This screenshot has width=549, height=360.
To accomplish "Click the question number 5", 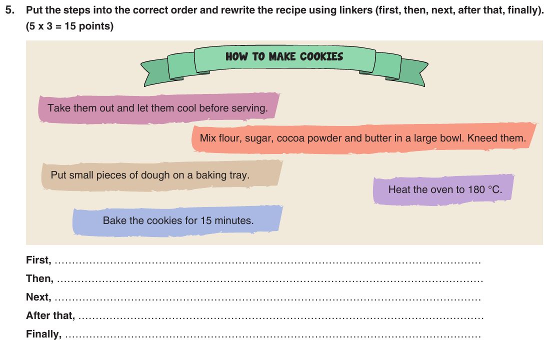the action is pos(10,10).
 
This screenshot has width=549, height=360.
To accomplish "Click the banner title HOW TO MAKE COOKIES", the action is pos(284,56).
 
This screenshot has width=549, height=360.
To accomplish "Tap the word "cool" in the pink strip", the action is pos(187,108).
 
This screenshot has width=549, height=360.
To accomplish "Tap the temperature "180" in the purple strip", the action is pos(476,190).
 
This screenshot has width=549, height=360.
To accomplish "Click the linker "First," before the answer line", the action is pos(38,260).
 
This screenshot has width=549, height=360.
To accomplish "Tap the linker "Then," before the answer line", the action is pos(39,279).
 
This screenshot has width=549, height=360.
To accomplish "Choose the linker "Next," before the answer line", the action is pos(38,297).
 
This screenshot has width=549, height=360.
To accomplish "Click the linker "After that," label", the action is pos(50,315).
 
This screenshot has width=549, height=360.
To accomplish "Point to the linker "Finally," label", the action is pos(44,334).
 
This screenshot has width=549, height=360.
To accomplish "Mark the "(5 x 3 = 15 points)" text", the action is pos(69,26).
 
